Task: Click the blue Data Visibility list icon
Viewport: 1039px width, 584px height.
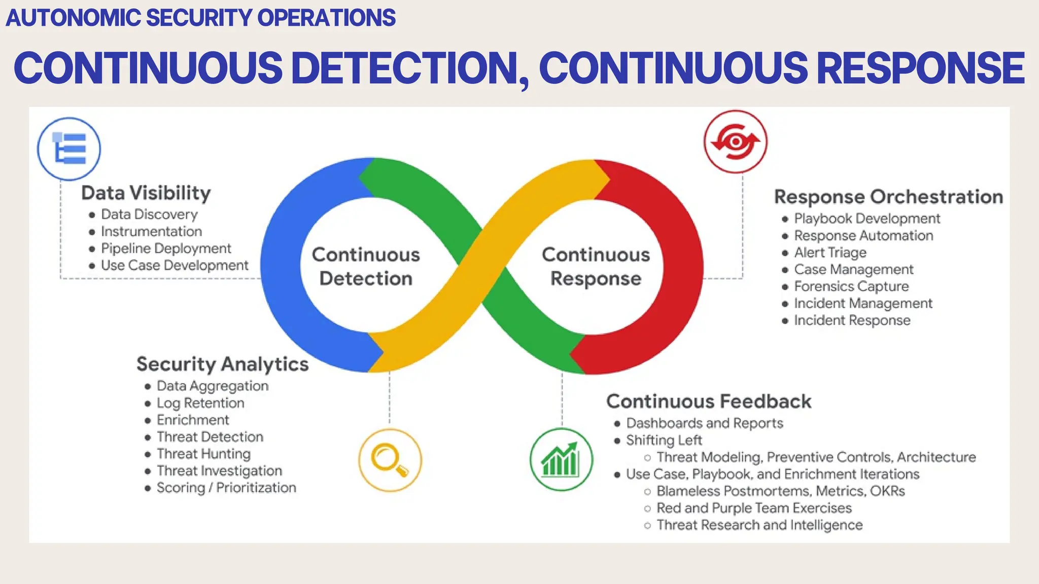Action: coord(69,149)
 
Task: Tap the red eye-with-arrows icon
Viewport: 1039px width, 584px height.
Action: coord(735,142)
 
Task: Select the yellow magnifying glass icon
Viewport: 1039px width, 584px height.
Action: coord(390,460)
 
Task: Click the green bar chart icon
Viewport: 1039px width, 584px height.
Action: coord(561,460)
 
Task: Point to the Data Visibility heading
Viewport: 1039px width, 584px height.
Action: coord(146,193)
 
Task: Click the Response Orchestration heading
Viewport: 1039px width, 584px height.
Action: coord(888,197)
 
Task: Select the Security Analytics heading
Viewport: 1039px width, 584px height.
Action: coord(222,364)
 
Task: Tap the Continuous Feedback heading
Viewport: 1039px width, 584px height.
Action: coord(709,401)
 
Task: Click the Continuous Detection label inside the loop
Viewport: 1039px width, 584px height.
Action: coord(366,267)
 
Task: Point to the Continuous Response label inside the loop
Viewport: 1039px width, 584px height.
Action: coord(596,267)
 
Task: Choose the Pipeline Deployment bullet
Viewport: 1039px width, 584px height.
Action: coord(166,248)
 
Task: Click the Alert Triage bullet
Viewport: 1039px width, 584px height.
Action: coord(830,252)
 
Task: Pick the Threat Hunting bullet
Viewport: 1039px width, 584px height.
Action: coord(203,454)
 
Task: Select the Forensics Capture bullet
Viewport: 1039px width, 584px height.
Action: coord(851,286)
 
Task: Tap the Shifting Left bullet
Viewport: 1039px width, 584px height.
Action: coord(664,440)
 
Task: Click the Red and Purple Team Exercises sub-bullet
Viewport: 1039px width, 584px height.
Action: coord(754,508)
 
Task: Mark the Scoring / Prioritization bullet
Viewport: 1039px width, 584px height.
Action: coord(226,488)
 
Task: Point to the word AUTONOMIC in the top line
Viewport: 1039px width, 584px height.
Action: coord(73,18)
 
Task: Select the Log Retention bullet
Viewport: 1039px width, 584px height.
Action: coord(200,403)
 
